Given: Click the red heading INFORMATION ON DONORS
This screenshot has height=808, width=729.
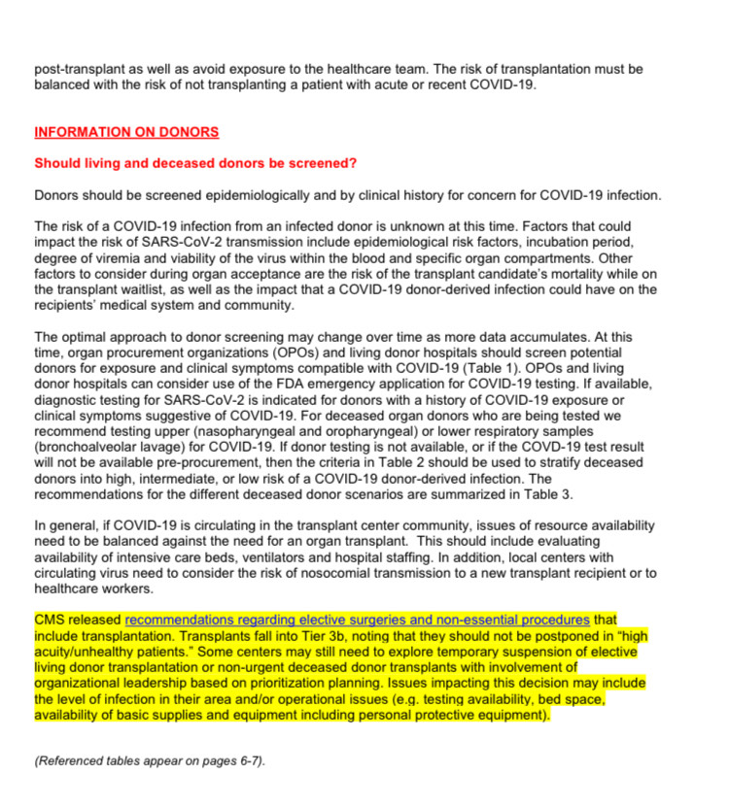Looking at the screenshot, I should [x=126, y=132].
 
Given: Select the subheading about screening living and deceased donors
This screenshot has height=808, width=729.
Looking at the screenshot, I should [x=195, y=163].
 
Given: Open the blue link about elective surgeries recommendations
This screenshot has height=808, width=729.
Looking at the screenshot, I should [x=358, y=620].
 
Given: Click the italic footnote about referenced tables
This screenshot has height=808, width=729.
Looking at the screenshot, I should [x=148, y=760].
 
